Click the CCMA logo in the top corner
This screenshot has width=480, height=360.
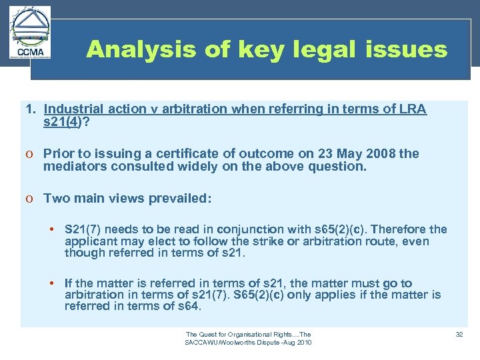tap(31, 33)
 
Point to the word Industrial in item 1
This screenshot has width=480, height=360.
tap(73, 109)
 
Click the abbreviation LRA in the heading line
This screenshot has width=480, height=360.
tap(413, 109)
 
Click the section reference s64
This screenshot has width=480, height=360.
tap(191, 307)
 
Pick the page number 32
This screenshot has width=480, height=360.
tap(459, 334)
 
